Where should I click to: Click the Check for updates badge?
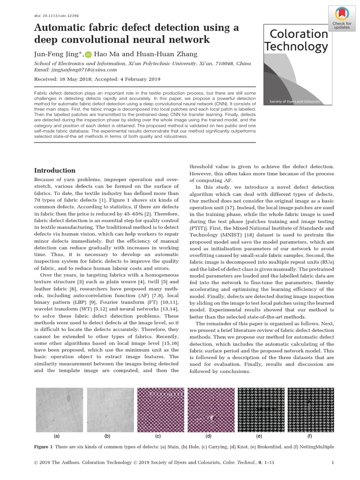[342, 17]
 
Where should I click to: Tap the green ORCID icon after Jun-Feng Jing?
[89, 54]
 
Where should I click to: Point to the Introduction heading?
[55, 171]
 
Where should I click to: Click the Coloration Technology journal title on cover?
[296, 40]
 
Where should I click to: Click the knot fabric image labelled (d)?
[209, 407]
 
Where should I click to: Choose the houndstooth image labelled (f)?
[309, 407]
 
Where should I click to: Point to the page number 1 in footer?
[332, 464]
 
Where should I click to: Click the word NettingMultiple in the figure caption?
[314, 446]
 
